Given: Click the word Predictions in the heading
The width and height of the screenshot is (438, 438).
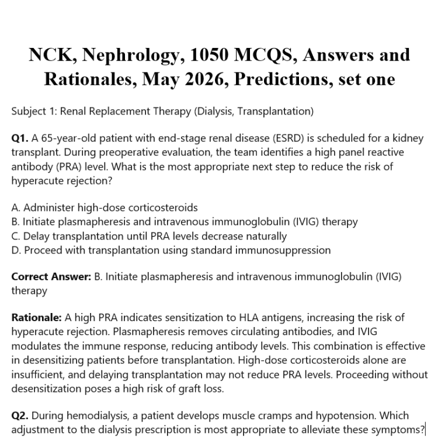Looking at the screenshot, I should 283,79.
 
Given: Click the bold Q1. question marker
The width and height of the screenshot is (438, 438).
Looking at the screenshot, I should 20,139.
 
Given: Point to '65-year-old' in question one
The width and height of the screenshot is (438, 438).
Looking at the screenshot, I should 67,139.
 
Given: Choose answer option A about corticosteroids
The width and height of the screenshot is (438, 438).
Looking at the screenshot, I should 105,207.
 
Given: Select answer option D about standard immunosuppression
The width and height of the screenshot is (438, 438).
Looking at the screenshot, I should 171,250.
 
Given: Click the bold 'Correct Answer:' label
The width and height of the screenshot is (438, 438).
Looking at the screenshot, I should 51,276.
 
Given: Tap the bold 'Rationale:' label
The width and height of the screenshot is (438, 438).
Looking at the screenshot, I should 36,318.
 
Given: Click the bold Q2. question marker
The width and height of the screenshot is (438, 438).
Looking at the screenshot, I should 20,416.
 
